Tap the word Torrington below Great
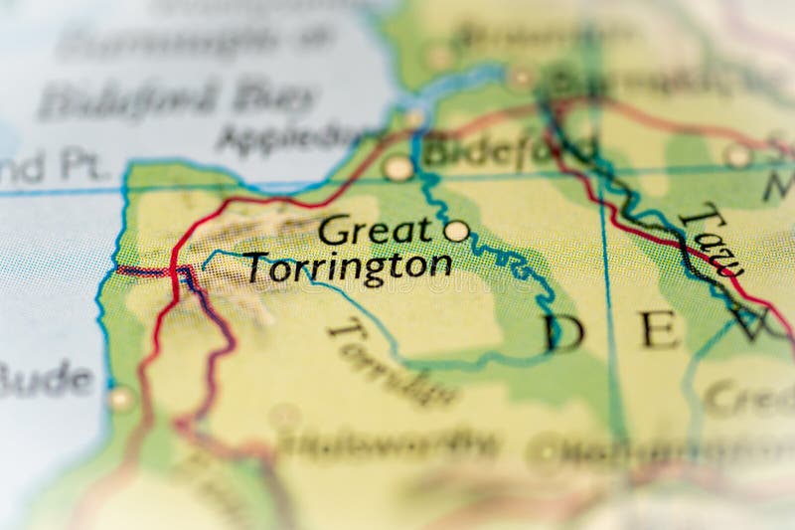[x=348, y=267]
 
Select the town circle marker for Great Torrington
[x=456, y=231]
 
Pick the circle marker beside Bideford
[x=398, y=168]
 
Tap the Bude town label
[x=45, y=379]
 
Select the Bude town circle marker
[x=121, y=400]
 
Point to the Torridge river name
[x=393, y=363]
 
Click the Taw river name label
[x=712, y=239]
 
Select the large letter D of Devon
[x=563, y=331]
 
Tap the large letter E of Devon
[x=660, y=328]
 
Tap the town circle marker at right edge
[x=737, y=155]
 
